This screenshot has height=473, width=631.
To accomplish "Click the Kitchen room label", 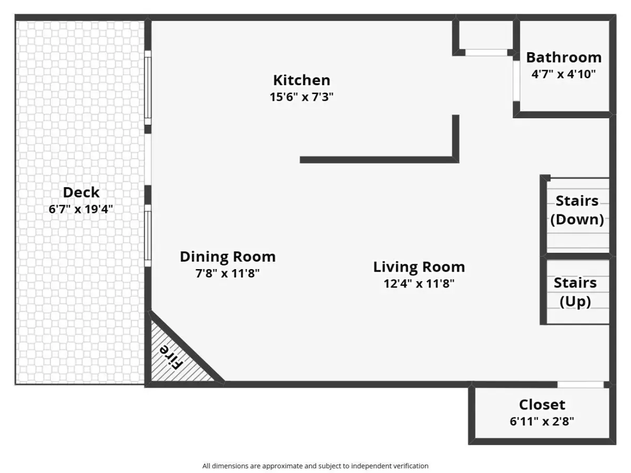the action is (301, 80).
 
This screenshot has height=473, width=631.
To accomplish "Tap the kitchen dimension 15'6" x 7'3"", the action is (301, 97).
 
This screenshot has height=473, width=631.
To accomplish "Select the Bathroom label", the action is (564, 57).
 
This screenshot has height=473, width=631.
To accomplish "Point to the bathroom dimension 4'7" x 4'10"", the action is (564, 74).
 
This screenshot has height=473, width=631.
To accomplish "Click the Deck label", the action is (81, 192).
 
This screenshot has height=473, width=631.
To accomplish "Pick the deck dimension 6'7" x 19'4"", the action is (81, 209).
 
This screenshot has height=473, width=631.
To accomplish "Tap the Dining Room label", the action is (228, 256).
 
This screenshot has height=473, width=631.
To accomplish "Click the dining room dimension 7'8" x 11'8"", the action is (228, 273).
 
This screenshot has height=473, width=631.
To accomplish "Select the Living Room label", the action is (419, 267).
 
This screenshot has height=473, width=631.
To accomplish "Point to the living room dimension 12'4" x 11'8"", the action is (419, 283).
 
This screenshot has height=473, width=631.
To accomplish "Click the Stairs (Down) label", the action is (577, 210).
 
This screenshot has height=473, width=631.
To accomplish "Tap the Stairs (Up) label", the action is (575, 292).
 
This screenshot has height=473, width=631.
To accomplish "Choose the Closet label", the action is (542, 405).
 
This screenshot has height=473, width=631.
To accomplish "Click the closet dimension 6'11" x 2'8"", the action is (542, 421).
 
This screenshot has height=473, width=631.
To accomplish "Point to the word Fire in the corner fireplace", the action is (171, 357).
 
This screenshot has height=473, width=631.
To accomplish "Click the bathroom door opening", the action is (516, 81).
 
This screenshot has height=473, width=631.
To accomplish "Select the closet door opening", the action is (581, 385).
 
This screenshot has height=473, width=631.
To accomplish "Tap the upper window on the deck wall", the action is (148, 88).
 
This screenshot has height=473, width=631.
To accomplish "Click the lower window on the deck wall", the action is (148, 235).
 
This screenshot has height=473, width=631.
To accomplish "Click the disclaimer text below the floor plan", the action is (315, 466).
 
